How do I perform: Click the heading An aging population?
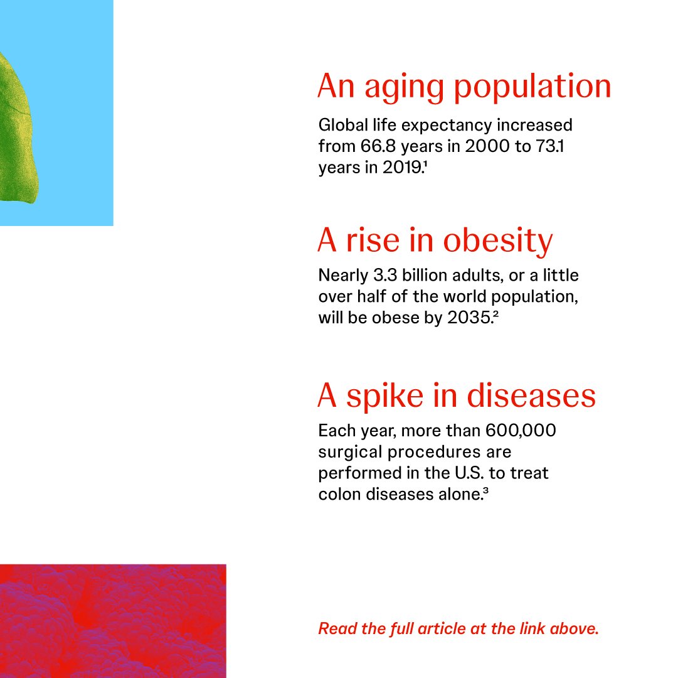pyautogui.click(x=464, y=87)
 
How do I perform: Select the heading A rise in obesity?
pyautogui.click(x=435, y=240)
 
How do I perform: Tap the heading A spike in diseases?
pyautogui.click(x=457, y=395)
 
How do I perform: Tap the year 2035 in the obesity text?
pyautogui.click(x=469, y=318)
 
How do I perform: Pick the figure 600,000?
pyautogui.click(x=521, y=431)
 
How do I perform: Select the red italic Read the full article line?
pyautogui.click(x=458, y=628)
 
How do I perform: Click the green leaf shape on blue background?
pyautogui.click(x=19, y=126)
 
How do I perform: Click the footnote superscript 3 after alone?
pyautogui.click(x=486, y=490)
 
